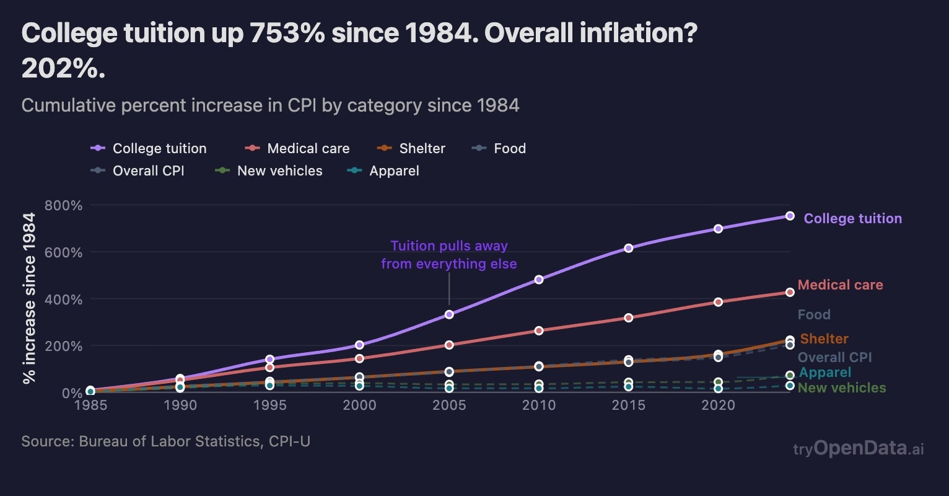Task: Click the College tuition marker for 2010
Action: point(539,280)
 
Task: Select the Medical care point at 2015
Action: point(629,317)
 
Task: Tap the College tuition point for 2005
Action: point(449,314)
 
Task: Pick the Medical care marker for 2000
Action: point(359,358)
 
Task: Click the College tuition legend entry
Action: point(149,149)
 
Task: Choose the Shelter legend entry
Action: point(411,149)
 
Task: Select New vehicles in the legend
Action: point(269,171)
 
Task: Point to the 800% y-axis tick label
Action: point(64,205)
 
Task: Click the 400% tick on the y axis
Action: point(64,299)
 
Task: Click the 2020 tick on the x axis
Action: point(718,405)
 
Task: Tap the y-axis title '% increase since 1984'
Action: point(29,299)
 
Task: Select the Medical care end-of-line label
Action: point(840,285)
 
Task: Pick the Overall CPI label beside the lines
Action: point(834,358)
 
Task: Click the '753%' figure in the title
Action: point(287,33)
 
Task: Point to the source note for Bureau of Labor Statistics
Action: point(165,441)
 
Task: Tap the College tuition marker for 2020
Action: point(718,229)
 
